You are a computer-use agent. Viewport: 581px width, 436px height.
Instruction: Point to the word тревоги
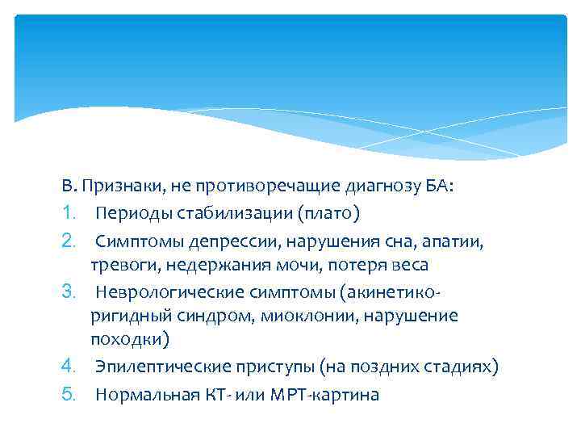[117, 265]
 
